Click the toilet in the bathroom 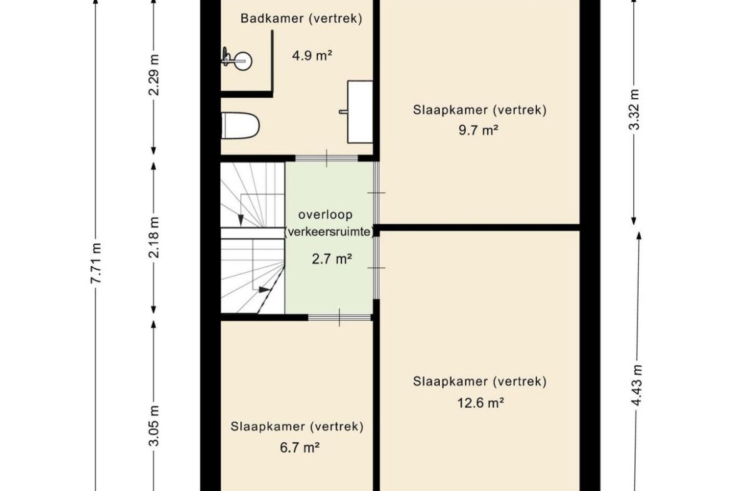coord(240,126)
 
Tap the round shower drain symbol coord(242,61)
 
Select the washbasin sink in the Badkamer coord(360,111)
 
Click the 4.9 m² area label coord(312,56)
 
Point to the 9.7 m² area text coord(479,129)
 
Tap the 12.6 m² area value coord(480,402)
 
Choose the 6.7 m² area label coord(300,448)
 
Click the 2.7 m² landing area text coord(332,259)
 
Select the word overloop coord(325,215)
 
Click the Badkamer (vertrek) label coord(301,19)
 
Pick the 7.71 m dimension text coord(96,263)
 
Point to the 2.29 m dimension coord(153,75)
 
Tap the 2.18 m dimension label coord(153,237)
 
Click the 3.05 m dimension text coord(153,426)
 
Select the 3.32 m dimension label coord(634,109)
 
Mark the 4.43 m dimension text coord(637,385)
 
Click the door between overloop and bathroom coord(327,158)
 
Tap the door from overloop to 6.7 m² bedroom coord(339,317)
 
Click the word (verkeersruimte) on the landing coord(330,232)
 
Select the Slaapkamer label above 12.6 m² coord(479,382)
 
